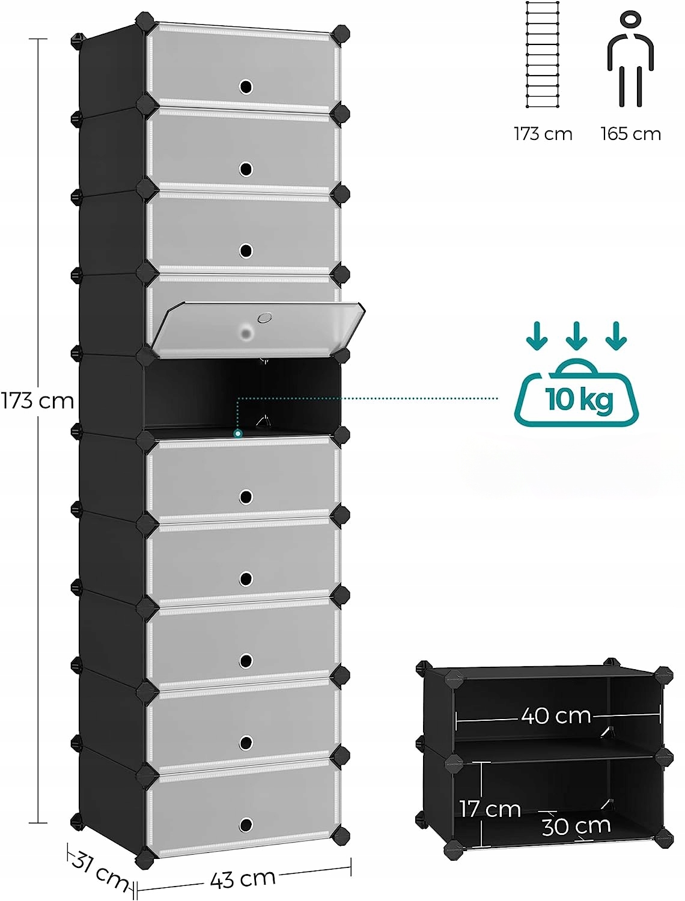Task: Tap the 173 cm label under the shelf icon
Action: point(543,134)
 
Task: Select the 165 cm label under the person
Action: point(630,134)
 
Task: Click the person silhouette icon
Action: point(630,60)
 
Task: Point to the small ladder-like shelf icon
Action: point(543,55)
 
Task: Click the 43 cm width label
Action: point(243,879)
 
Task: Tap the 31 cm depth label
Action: point(99,870)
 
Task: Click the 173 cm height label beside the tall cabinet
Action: point(37,401)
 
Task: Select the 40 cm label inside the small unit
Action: point(556,716)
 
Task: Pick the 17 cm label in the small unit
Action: point(490,809)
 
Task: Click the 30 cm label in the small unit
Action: point(576,827)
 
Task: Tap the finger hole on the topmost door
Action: point(245,87)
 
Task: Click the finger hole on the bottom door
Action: point(245,825)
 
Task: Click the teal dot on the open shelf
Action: point(238,433)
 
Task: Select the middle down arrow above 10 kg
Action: point(576,336)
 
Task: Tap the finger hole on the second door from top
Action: point(245,169)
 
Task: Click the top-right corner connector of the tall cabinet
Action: point(340,33)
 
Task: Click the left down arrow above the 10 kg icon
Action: point(537,336)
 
